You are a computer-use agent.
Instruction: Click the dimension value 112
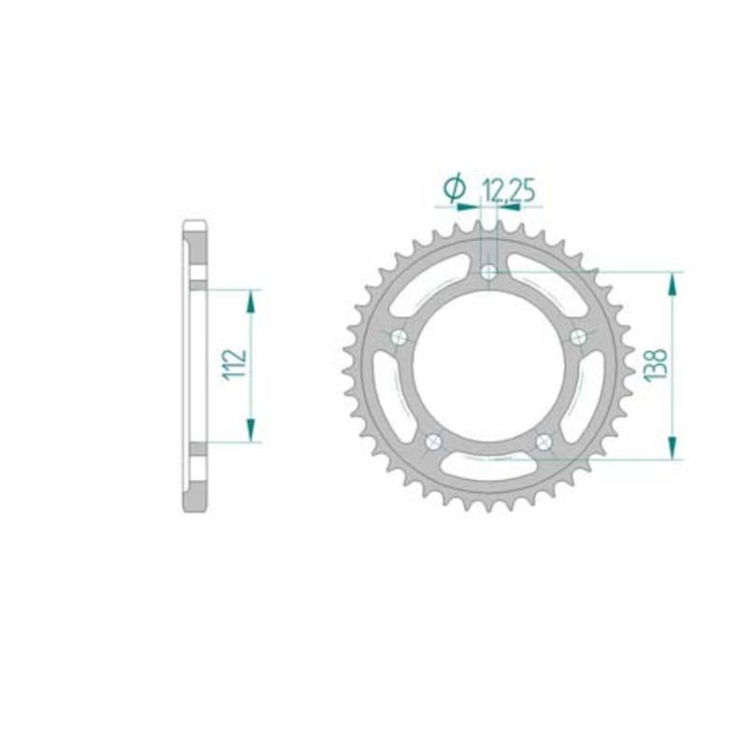pyautogui.click(x=235, y=364)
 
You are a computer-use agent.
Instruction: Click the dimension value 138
pyautogui.click(x=655, y=365)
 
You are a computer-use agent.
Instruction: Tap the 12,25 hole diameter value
pyautogui.click(x=509, y=190)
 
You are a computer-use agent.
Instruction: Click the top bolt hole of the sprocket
pyautogui.click(x=488, y=273)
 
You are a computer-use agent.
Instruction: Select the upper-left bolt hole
pyautogui.click(x=399, y=338)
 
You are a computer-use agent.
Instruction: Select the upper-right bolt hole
pyautogui.click(x=578, y=337)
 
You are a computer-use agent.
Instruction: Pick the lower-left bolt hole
pyautogui.click(x=433, y=443)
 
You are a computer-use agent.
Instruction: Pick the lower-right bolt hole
pyautogui.click(x=543, y=442)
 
